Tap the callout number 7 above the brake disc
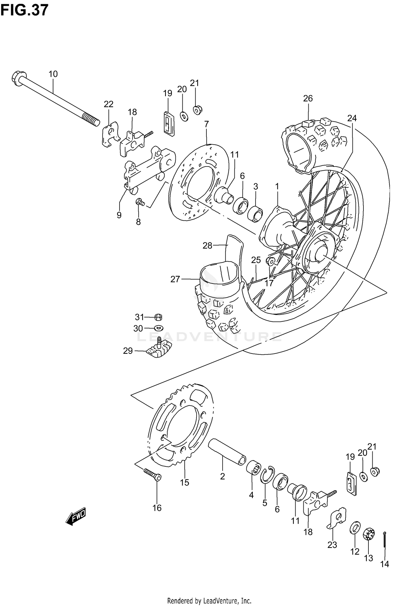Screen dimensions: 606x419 206,124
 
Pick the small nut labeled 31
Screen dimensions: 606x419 158,317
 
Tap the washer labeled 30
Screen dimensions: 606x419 159,328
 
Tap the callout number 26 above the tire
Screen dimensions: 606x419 308,98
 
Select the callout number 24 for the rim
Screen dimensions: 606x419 352,118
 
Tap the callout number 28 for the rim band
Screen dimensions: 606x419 207,246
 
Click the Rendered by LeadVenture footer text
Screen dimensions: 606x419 209,598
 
